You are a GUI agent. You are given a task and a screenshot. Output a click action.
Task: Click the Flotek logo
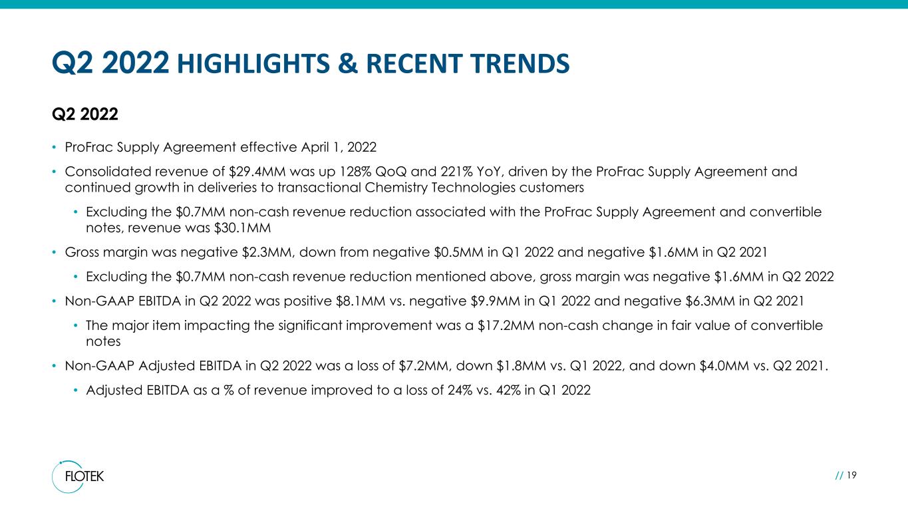tap(78, 476)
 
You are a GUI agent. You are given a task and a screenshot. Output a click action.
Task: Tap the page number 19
tap(851, 475)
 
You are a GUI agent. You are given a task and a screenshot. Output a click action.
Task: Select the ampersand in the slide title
tap(348, 64)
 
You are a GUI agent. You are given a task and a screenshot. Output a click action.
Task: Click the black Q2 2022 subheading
tap(85, 114)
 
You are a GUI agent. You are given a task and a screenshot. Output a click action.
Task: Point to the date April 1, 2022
tap(339, 147)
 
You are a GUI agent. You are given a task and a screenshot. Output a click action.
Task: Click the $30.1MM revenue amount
tap(242, 228)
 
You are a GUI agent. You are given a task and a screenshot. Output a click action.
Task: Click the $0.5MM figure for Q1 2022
tap(458, 252)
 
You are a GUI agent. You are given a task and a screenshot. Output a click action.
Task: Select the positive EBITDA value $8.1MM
tap(361, 301)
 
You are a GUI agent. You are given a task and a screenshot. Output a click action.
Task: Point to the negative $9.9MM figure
tap(495, 301)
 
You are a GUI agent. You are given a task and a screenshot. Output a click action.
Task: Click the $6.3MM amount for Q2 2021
tap(710, 301)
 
